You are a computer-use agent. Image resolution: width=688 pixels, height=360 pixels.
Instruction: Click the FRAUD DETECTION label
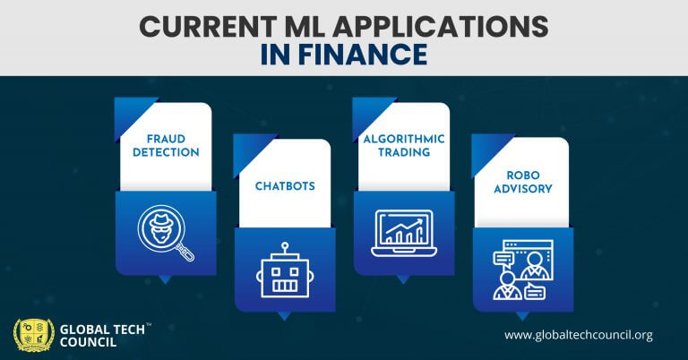(x=166, y=146)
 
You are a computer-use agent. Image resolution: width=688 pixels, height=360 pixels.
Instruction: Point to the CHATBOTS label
(x=284, y=185)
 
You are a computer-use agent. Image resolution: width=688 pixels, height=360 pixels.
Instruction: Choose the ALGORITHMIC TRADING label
(x=403, y=146)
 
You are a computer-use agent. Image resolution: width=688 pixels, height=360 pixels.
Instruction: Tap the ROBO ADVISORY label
(x=522, y=182)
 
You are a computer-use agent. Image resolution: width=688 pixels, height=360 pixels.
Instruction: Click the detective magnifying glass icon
(x=165, y=231)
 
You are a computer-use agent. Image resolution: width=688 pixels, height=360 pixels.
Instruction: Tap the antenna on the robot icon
(x=285, y=248)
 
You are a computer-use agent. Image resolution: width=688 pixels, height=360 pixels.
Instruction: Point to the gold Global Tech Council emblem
(x=33, y=334)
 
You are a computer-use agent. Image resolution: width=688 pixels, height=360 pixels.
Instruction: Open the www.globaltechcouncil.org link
(x=578, y=336)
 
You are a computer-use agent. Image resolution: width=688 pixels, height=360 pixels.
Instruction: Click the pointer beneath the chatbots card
(x=284, y=315)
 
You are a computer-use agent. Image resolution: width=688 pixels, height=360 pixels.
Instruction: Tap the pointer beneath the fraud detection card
(x=165, y=279)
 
